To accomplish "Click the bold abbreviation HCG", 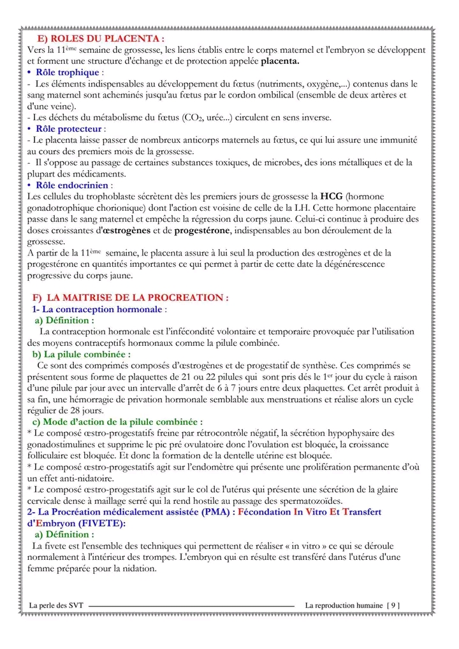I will [x=331, y=196].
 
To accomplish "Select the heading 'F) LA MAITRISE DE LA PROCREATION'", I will [x=131, y=297].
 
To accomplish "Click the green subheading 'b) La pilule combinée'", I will [x=82, y=353].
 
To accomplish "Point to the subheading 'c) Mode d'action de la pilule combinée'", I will [x=118, y=422].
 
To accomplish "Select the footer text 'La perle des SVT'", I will [x=57, y=604].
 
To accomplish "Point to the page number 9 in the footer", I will [x=394, y=604].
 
